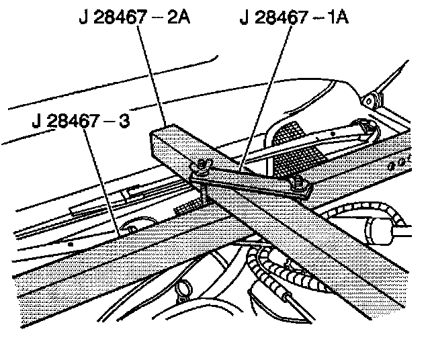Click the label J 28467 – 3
(x=80, y=122)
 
